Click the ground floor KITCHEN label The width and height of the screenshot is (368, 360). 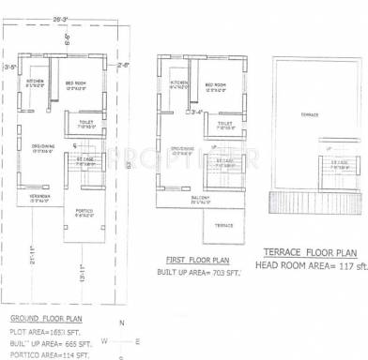pyautogui.click(x=36, y=82)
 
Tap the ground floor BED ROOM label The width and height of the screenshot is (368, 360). pyautogui.click(x=76, y=82)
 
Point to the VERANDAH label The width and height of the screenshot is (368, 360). pyautogui.click(x=38, y=196)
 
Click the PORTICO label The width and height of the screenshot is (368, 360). pyautogui.click(x=84, y=211)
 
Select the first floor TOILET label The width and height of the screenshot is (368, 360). pyautogui.click(x=224, y=123)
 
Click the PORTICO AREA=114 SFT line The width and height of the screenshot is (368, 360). pyautogui.click(x=50, y=355)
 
